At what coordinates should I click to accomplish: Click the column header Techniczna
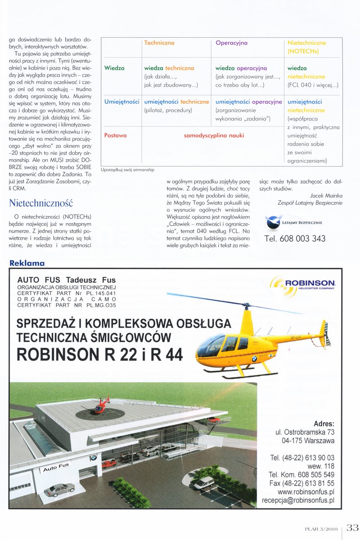[x=159, y=43]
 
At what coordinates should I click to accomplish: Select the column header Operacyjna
[x=231, y=43]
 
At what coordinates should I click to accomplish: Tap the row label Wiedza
[x=114, y=68]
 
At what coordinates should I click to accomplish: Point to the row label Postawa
[x=115, y=135]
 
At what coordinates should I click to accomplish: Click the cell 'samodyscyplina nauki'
[x=214, y=135]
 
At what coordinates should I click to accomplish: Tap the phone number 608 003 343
[x=295, y=238]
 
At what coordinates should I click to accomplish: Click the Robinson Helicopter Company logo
[x=303, y=283]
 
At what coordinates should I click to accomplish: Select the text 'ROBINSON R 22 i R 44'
[x=100, y=355]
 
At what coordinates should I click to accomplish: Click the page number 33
[x=352, y=527]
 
